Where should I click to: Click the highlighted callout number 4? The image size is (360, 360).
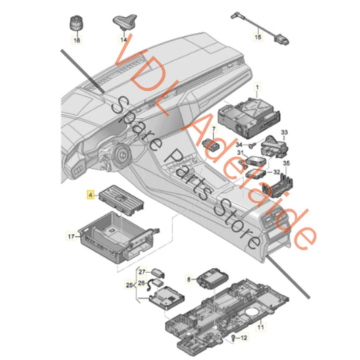tap(90, 194)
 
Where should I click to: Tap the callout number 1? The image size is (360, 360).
tap(256, 88)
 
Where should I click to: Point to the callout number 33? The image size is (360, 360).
tap(284, 131)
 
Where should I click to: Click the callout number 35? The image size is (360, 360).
tap(286, 163)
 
